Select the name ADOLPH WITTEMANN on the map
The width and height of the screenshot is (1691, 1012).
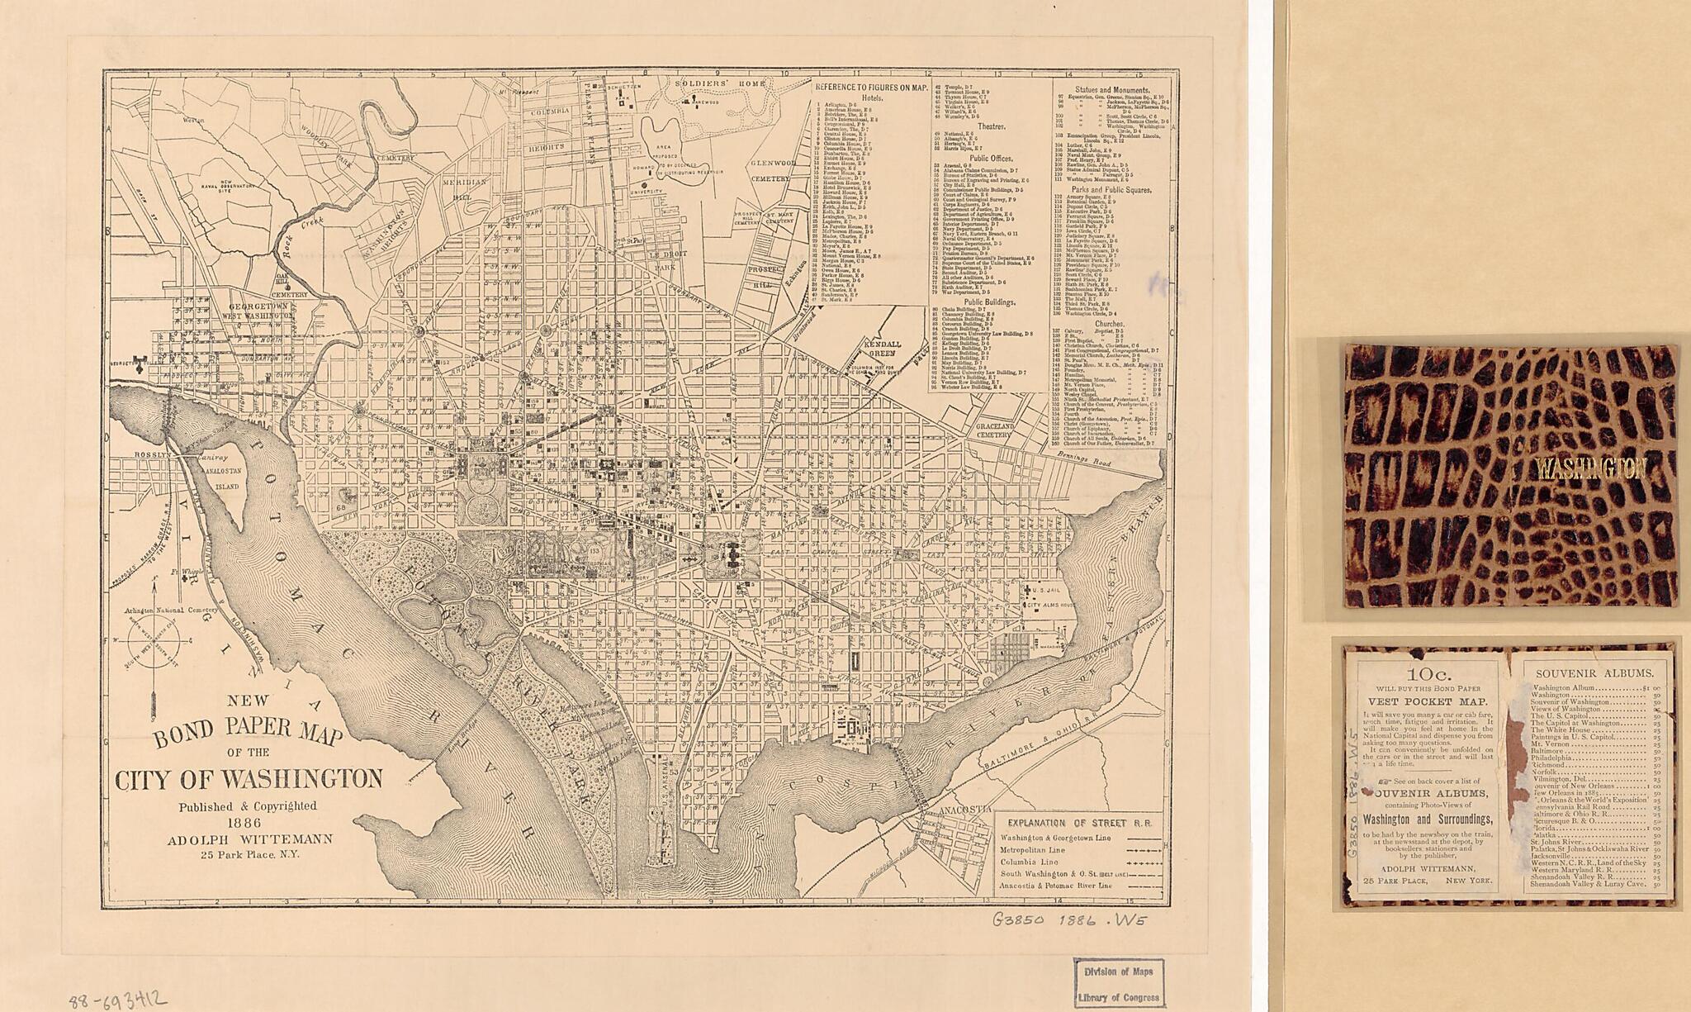[250, 839]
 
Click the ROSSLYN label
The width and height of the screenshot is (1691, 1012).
[154, 454]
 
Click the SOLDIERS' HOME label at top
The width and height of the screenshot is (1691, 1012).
[717, 84]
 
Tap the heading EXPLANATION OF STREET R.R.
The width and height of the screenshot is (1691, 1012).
[1079, 823]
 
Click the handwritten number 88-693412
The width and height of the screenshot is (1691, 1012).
[118, 1001]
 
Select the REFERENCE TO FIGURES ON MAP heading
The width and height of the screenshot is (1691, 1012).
[871, 88]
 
